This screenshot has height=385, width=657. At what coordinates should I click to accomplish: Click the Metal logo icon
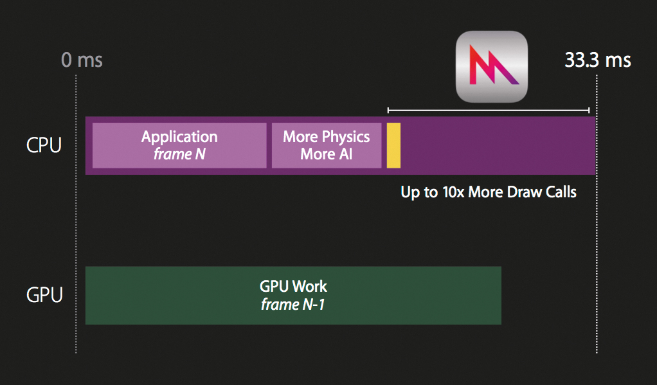pyautogui.click(x=492, y=66)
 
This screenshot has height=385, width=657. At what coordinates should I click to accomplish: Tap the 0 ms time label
pyautogui.click(x=82, y=60)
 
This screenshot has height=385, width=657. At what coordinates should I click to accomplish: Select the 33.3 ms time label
pyautogui.click(x=598, y=60)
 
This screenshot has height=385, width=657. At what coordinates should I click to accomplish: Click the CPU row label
pyautogui.click(x=44, y=145)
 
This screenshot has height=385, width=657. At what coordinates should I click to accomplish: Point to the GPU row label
pyautogui.click(x=44, y=296)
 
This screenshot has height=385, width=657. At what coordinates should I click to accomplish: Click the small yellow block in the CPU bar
pyautogui.click(x=393, y=145)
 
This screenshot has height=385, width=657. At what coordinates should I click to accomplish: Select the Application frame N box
pyautogui.click(x=179, y=145)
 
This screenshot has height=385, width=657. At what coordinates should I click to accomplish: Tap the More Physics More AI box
pyautogui.click(x=327, y=145)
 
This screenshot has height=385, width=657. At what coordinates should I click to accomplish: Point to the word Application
pyautogui.click(x=179, y=137)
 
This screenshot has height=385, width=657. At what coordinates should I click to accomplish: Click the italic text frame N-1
pyautogui.click(x=292, y=305)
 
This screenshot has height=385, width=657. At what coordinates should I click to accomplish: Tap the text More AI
pyautogui.click(x=327, y=154)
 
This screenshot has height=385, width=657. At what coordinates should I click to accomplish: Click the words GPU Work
pyautogui.click(x=293, y=287)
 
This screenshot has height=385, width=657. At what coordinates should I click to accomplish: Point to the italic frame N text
pyautogui.click(x=179, y=154)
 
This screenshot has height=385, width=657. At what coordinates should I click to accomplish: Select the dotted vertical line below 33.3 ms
pyautogui.click(x=597, y=257)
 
